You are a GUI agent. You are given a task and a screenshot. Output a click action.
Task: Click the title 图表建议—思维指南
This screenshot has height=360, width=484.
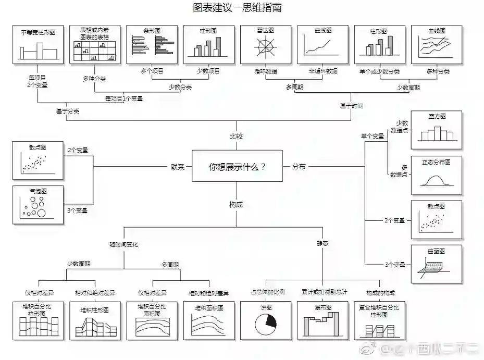pos(237,8)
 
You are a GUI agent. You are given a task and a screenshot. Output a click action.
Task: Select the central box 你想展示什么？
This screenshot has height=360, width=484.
pos(237,166)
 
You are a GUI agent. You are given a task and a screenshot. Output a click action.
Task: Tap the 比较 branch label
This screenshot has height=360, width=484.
pos(237,136)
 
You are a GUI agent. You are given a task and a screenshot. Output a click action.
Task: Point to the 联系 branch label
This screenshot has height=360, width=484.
pos(178,167)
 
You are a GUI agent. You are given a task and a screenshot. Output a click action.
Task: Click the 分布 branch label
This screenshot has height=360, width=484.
pos(299,167)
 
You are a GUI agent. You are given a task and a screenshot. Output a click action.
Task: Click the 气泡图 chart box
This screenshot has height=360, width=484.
pos(38,205)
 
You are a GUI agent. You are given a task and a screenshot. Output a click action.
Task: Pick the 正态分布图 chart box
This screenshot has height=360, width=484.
pos(436,175)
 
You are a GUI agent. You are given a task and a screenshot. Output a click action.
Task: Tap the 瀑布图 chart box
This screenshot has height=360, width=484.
pos(322,320)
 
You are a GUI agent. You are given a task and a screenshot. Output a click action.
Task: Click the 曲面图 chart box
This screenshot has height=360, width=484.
pos(436,264)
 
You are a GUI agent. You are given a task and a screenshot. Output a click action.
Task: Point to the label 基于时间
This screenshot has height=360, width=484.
pos(351,106)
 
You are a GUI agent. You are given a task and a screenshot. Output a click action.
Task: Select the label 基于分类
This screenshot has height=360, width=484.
pos(68,111)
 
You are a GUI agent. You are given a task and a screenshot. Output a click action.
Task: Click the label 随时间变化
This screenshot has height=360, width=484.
pos(123,244)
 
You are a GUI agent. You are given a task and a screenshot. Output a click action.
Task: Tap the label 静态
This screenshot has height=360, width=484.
pos(322,243)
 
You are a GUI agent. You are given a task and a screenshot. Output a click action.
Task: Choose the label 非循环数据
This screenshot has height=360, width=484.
pos(322,71)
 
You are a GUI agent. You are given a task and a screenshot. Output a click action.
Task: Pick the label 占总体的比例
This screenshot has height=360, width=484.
pos(268,292)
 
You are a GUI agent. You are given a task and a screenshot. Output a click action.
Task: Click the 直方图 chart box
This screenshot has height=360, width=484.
pos(436,130)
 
